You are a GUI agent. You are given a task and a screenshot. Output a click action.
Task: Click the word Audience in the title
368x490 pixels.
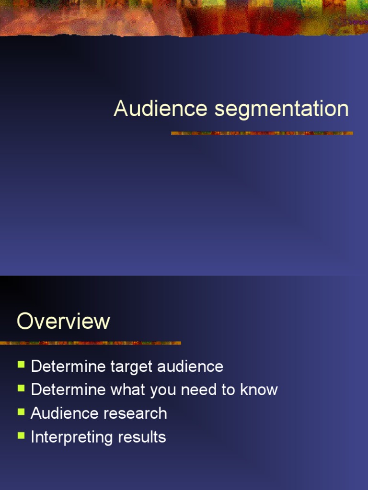coord(161,109)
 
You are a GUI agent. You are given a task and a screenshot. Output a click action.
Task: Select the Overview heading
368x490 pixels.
coord(63,321)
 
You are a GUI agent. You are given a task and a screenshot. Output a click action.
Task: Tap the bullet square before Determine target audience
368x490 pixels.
coord(21,365)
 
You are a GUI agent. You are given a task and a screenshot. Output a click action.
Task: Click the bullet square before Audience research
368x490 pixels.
coord(21,412)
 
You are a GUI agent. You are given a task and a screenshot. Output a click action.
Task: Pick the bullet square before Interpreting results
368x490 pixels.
coord(21,435)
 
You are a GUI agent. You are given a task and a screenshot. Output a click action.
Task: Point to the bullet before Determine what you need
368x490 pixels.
coord(21,388)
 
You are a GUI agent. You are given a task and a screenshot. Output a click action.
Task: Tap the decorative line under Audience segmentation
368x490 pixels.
coord(262,133)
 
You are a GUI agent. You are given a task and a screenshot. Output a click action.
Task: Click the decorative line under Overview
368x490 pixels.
coord(91,343)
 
